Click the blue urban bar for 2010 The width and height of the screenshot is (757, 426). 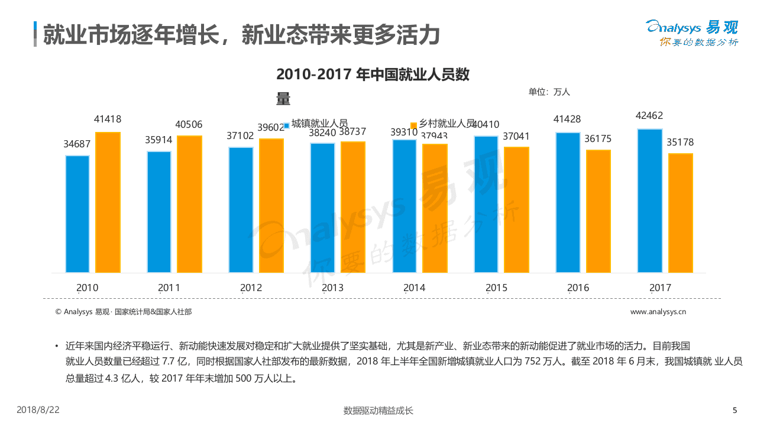[77, 214]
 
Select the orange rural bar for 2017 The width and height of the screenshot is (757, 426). [680, 213]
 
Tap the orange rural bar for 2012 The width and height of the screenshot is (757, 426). [271, 206]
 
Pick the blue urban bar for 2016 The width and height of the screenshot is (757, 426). [568, 202]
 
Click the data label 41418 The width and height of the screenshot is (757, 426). [108, 119]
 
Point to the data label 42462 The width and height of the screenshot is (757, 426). [649, 115]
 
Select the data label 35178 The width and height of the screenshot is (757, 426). [680, 142]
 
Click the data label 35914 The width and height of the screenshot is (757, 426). [159, 140]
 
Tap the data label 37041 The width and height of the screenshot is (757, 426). [516, 136]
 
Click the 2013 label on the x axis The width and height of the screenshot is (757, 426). [332, 288]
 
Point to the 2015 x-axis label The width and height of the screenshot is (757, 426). [496, 288]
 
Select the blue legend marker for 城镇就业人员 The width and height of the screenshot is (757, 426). [287, 125]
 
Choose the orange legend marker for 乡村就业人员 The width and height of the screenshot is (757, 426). [414, 125]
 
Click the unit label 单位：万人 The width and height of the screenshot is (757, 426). [549, 92]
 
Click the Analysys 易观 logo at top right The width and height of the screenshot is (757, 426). [692, 33]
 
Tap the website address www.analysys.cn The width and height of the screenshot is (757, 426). [658, 312]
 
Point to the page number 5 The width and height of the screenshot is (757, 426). [735, 410]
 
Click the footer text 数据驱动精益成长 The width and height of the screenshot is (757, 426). [378, 411]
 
